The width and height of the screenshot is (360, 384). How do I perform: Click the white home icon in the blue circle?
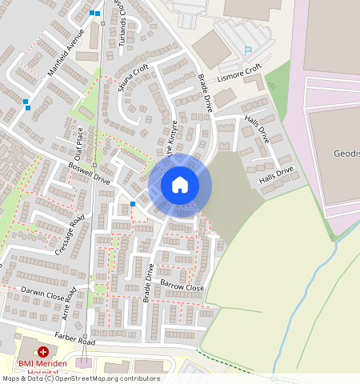180,186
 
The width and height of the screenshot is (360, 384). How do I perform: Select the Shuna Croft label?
134,78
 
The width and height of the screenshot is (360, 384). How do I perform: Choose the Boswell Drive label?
90,174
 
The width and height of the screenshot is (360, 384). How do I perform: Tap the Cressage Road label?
70,235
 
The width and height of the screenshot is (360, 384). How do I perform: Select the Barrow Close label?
182,286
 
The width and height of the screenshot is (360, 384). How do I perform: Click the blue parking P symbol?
247,50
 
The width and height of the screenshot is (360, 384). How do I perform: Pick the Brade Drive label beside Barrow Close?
148,282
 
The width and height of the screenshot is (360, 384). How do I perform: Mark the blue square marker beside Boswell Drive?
133,204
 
